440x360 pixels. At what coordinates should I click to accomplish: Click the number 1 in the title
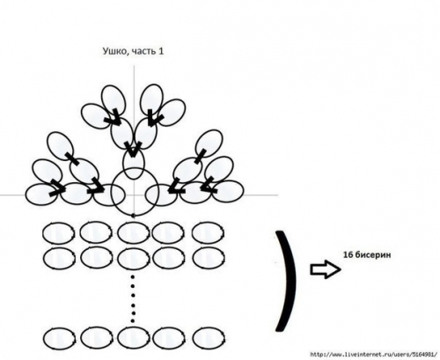(160, 51)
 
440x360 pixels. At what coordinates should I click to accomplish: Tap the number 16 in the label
(348, 254)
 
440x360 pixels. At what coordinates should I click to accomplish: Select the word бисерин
(372, 254)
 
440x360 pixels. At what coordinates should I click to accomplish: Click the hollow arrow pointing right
(326, 269)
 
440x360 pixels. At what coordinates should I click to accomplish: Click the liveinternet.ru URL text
(373, 355)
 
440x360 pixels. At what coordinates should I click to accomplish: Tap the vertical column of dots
(133, 298)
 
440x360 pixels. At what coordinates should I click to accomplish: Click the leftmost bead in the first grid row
(59, 233)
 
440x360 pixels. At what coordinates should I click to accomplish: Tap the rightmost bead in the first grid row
(209, 233)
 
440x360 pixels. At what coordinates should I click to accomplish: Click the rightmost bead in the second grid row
(209, 258)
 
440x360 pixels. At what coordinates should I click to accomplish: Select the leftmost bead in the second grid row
(59, 258)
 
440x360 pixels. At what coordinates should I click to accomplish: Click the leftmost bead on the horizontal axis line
(41, 194)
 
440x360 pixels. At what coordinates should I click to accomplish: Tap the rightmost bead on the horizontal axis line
(228, 192)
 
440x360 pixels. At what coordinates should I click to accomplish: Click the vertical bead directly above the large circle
(134, 163)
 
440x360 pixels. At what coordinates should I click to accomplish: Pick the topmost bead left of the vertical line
(114, 99)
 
